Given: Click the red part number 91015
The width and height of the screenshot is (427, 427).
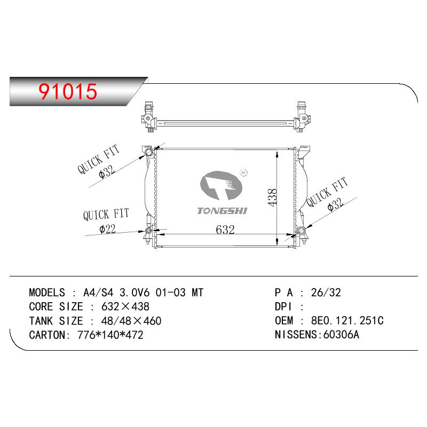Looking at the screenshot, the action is point(68,91).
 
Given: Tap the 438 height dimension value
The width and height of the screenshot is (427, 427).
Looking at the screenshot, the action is point(272,197).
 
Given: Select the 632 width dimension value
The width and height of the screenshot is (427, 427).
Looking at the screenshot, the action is point(225,230).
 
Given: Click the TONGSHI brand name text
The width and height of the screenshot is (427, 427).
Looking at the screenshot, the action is point(222,211).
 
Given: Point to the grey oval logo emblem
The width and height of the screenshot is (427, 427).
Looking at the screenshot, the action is point(221,185).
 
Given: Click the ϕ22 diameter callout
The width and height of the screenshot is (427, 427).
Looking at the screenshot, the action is point(108,229).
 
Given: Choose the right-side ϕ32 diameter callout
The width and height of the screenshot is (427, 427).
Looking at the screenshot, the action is point(335,204).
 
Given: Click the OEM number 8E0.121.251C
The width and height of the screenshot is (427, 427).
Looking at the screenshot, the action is point(347,321).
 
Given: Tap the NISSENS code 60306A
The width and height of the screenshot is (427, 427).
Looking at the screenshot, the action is point(341,335).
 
